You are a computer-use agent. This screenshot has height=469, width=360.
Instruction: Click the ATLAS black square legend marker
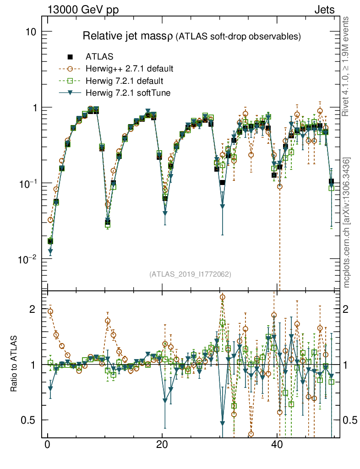pos(70,57)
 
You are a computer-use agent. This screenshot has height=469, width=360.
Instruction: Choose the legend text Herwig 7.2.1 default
pos(125,81)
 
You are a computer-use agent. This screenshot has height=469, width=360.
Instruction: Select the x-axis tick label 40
pos(276,446)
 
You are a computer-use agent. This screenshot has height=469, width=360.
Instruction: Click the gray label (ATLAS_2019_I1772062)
pos(190,274)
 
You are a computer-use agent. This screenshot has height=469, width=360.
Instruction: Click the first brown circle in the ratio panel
pos(50,311)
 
